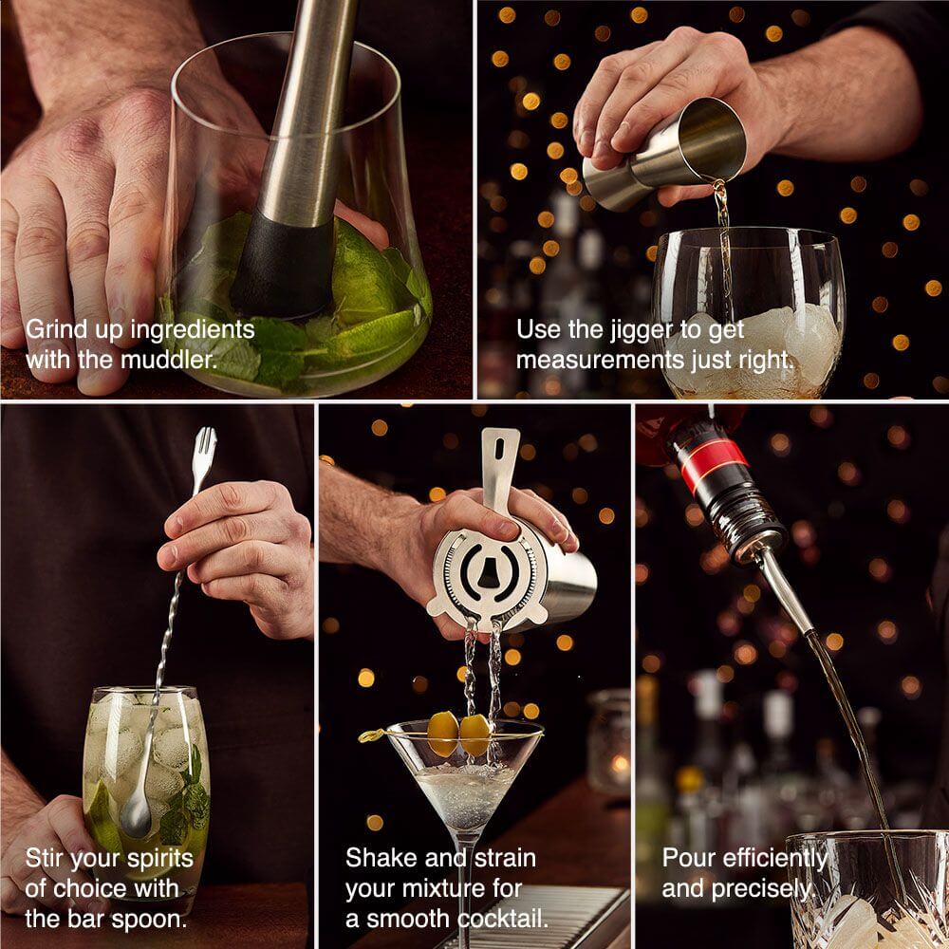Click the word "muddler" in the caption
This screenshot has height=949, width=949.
coord(169,360)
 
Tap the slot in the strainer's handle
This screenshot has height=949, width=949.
coord(499,449)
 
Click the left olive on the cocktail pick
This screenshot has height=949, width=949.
coord(443,734)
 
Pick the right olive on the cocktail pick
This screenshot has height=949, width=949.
coord(474,735)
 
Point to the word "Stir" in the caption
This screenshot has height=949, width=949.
coord(45,858)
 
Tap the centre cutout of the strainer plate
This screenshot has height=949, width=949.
coord(488,572)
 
